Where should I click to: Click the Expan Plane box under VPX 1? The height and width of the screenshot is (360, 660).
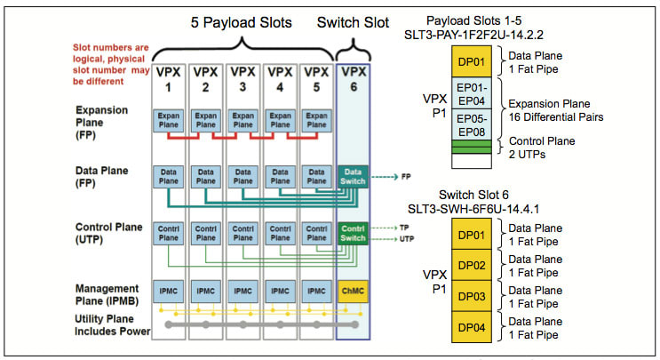pos(169,122)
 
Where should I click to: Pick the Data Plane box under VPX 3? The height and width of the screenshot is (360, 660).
pos(243,176)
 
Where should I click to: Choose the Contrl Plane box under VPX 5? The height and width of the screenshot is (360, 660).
pos(315,233)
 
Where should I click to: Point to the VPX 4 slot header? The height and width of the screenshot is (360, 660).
pos(279,78)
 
